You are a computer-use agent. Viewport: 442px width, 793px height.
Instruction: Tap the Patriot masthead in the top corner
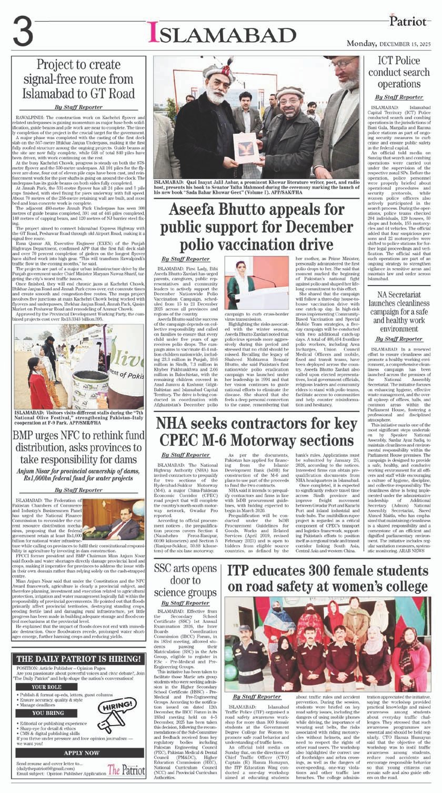coord(407,22)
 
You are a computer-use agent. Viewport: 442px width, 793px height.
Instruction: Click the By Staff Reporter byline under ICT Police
coord(399,97)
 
